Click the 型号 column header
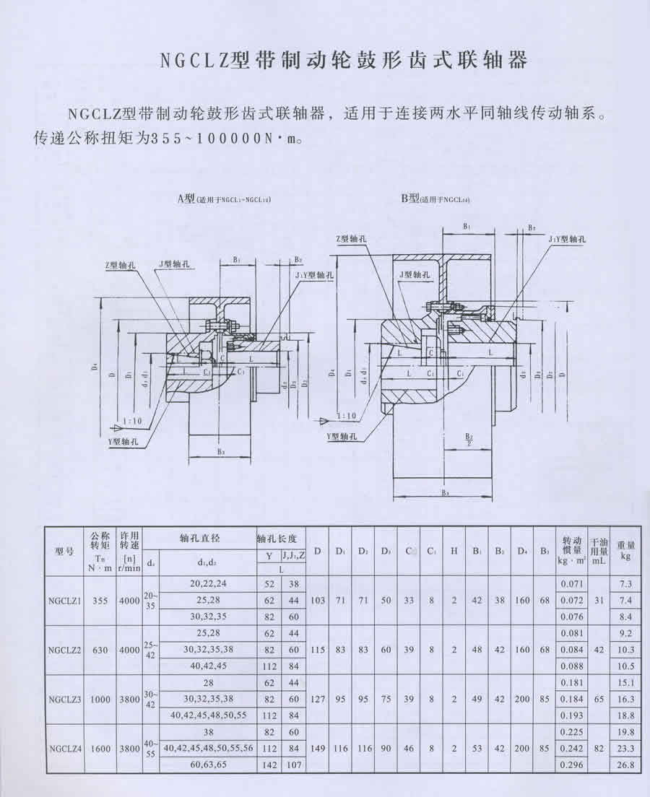65,552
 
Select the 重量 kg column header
626,551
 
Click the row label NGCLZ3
65,699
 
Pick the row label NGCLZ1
65,600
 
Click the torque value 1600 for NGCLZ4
101,749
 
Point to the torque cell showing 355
101,600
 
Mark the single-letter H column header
454,552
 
